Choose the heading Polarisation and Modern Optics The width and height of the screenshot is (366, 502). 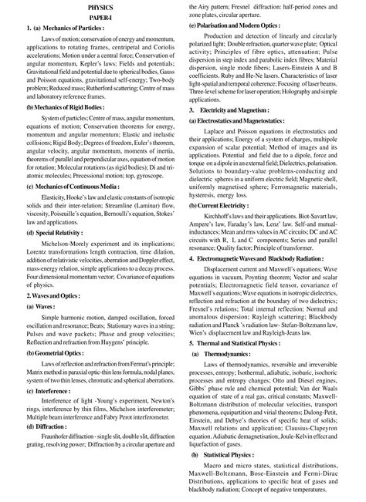(249, 25)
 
